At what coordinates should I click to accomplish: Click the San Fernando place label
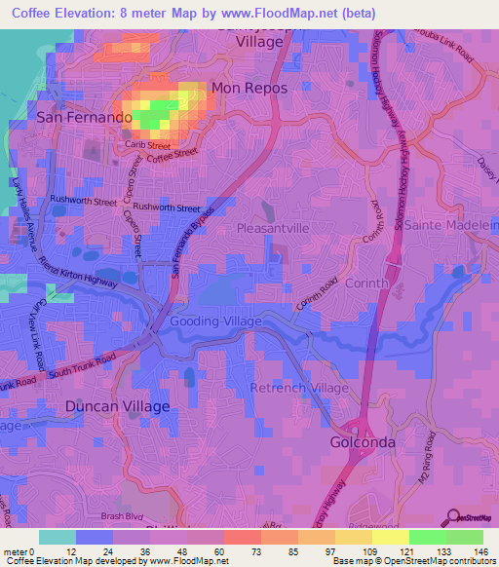[x=84, y=116]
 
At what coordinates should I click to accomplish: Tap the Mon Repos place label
[x=249, y=88]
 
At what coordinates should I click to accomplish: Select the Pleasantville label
[x=274, y=227]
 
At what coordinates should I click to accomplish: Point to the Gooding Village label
[x=215, y=321]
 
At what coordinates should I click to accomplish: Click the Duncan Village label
[x=117, y=405]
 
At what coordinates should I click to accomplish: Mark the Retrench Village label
[x=299, y=388]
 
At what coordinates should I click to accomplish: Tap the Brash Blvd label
[x=122, y=516]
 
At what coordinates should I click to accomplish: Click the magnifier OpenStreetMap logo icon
[x=453, y=516]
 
